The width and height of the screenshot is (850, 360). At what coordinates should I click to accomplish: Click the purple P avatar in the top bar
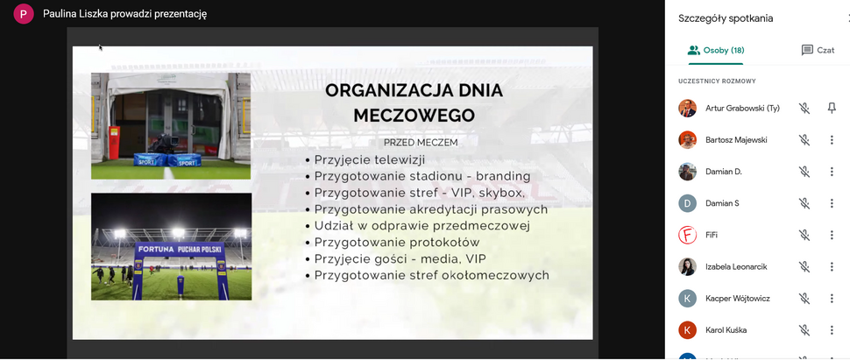(24, 14)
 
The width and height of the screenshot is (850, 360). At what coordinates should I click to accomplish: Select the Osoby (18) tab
(716, 51)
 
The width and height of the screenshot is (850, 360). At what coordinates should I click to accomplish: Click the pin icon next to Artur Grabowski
(832, 109)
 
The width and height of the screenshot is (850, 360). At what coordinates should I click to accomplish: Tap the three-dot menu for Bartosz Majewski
(832, 140)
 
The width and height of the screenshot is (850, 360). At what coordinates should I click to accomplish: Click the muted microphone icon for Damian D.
(804, 172)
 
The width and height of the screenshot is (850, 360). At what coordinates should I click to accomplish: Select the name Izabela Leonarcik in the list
(736, 266)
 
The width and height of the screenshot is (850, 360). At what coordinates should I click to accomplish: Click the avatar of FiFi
(688, 235)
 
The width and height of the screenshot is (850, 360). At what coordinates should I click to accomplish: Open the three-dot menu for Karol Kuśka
(832, 330)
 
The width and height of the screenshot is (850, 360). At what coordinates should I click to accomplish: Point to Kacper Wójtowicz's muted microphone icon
(804, 299)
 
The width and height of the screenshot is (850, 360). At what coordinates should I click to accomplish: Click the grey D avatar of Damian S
(688, 203)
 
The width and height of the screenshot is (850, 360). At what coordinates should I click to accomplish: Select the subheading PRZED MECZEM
(421, 142)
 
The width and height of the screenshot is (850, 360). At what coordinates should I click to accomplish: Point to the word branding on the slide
(503, 176)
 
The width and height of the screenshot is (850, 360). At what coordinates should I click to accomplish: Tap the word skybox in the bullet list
(499, 193)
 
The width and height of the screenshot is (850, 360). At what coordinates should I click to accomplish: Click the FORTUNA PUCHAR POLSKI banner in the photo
(178, 249)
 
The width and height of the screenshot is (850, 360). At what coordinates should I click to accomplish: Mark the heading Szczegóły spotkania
(726, 18)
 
